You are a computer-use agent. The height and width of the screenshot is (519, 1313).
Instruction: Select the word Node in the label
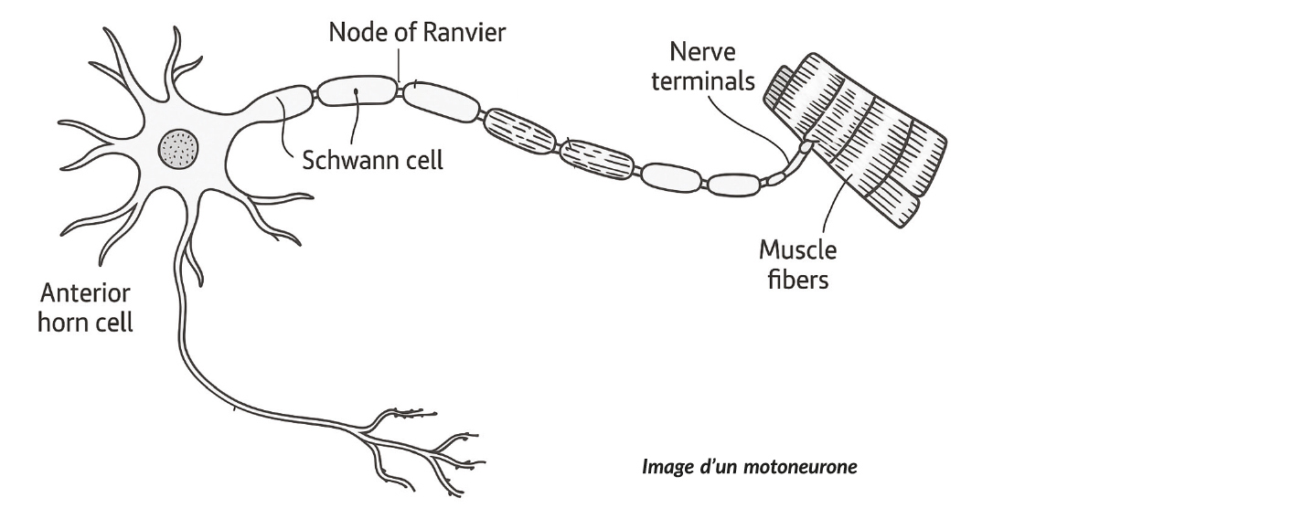[x=356, y=33]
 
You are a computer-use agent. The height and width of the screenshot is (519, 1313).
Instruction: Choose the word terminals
[x=710, y=80]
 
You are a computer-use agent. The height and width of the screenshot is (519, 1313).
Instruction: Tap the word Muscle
[x=797, y=249]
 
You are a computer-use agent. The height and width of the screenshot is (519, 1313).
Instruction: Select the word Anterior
[x=85, y=294]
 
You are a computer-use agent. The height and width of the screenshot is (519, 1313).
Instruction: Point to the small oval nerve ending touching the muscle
[x=805, y=145]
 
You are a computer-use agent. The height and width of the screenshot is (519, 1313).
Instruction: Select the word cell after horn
[x=115, y=323]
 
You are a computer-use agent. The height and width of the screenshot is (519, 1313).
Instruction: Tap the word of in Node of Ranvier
[x=401, y=33]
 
